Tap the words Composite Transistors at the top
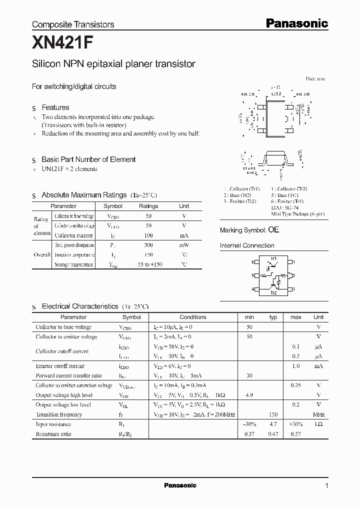[73, 24]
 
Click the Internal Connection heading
[247, 245]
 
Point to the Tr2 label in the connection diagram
[273, 293]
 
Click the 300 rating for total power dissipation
[148, 245]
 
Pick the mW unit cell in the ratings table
[184, 245]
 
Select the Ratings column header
[148, 206]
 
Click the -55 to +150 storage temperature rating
[148, 264]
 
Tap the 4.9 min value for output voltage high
[249, 395]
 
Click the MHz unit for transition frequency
[318, 414]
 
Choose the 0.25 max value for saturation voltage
[296, 385]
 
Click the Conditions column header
[193, 317]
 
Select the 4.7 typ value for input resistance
[273, 424]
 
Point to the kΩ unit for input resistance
[318, 424]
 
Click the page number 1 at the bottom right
[326, 485]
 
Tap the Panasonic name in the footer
[180, 485]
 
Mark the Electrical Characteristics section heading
[80, 306]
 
